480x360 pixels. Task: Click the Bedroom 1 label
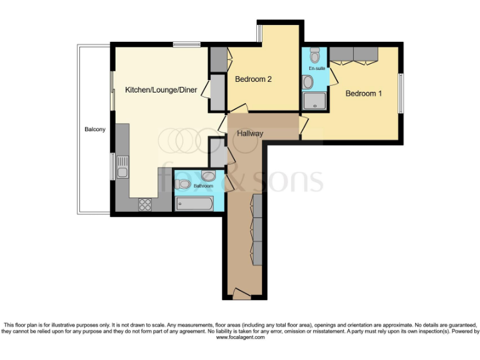[364, 94]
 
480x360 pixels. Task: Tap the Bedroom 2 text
[253, 79]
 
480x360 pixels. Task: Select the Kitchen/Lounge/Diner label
[161, 90]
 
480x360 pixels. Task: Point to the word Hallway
[249, 134]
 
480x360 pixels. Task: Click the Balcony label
[95, 130]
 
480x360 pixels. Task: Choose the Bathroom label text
[203, 186]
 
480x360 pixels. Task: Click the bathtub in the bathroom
[194, 202]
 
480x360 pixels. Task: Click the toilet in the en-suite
[314, 52]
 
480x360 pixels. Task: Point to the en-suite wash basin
[308, 82]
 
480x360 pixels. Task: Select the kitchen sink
[122, 172]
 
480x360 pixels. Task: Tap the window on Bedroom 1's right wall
[400, 94]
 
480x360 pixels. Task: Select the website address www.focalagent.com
[240, 337]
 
